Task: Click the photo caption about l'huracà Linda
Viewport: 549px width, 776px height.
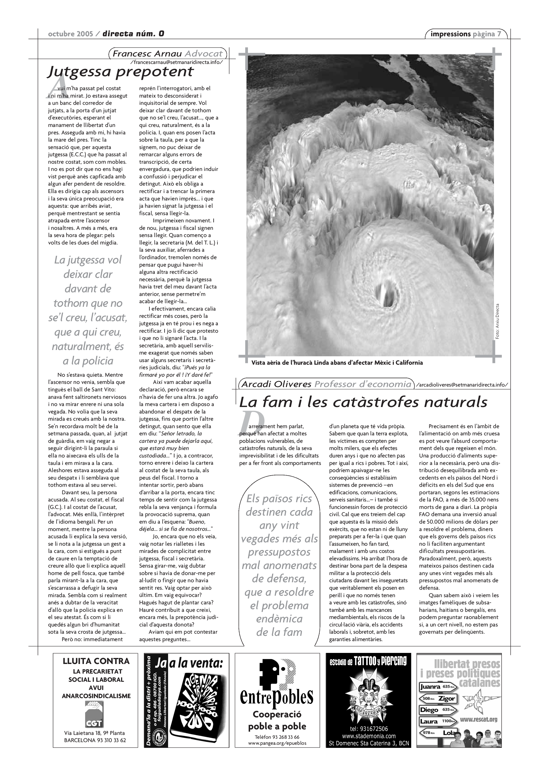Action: (337, 363)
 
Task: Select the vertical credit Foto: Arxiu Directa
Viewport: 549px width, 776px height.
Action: (497, 321)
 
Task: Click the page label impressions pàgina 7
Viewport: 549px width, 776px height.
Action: (466, 34)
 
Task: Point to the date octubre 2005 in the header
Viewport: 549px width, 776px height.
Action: (70, 34)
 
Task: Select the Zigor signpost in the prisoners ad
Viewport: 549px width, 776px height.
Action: (438, 699)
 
